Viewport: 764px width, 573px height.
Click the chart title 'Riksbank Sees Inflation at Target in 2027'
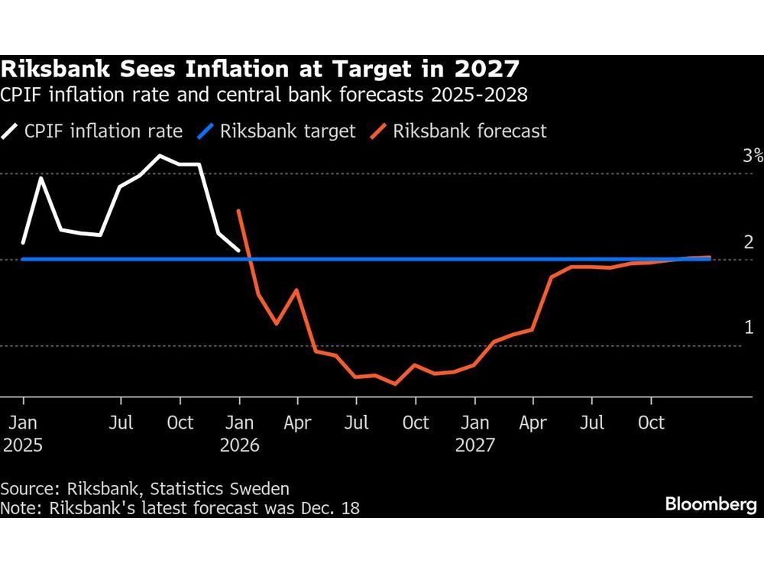pyautogui.click(x=261, y=71)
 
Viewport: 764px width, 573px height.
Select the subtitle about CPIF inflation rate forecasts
pyautogui.click(x=264, y=96)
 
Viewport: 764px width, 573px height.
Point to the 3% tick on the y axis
pyautogui.click(x=753, y=157)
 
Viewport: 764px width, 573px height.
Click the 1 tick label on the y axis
pyautogui.click(x=749, y=328)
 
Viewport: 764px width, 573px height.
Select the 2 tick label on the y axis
pyautogui.click(x=749, y=242)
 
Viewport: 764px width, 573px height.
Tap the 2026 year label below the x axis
pyautogui.click(x=240, y=445)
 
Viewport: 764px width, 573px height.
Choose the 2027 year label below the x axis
pyautogui.click(x=475, y=445)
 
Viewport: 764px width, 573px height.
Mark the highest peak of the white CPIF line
pyautogui.click(x=160, y=156)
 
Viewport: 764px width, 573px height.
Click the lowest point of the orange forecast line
pyautogui.click(x=395, y=384)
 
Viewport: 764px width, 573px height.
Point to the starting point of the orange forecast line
pyautogui.click(x=239, y=211)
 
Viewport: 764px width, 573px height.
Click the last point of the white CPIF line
pyautogui.click(x=239, y=250)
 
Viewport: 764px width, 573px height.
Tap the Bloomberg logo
pyautogui.click(x=711, y=504)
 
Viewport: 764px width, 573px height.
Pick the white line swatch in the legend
pyautogui.click(x=11, y=131)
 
